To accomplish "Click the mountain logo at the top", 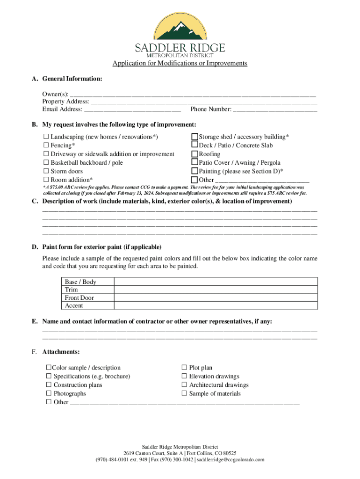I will tap(180, 27).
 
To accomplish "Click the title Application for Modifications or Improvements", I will tap(180, 63).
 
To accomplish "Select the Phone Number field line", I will tap(275, 110).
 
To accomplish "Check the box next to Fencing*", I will tap(46, 145).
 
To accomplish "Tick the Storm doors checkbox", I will tap(46, 171).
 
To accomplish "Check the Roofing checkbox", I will tap(194, 154).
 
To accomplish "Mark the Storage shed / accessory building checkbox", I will tap(194, 137).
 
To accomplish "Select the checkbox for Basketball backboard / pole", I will tap(46, 163).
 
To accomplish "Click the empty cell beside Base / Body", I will tap(216, 282).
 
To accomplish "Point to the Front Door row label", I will tap(79, 298).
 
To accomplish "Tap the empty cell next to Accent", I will tap(216, 305).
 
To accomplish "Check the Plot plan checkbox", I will tap(184, 368).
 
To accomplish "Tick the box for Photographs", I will tap(49, 393).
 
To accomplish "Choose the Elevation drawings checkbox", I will tap(184, 376).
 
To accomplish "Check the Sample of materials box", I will tap(184, 393).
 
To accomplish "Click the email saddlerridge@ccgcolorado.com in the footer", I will tap(230, 460).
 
